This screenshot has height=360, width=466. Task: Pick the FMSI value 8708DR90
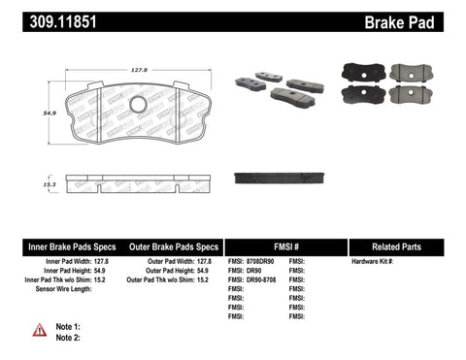[x=260, y=262]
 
